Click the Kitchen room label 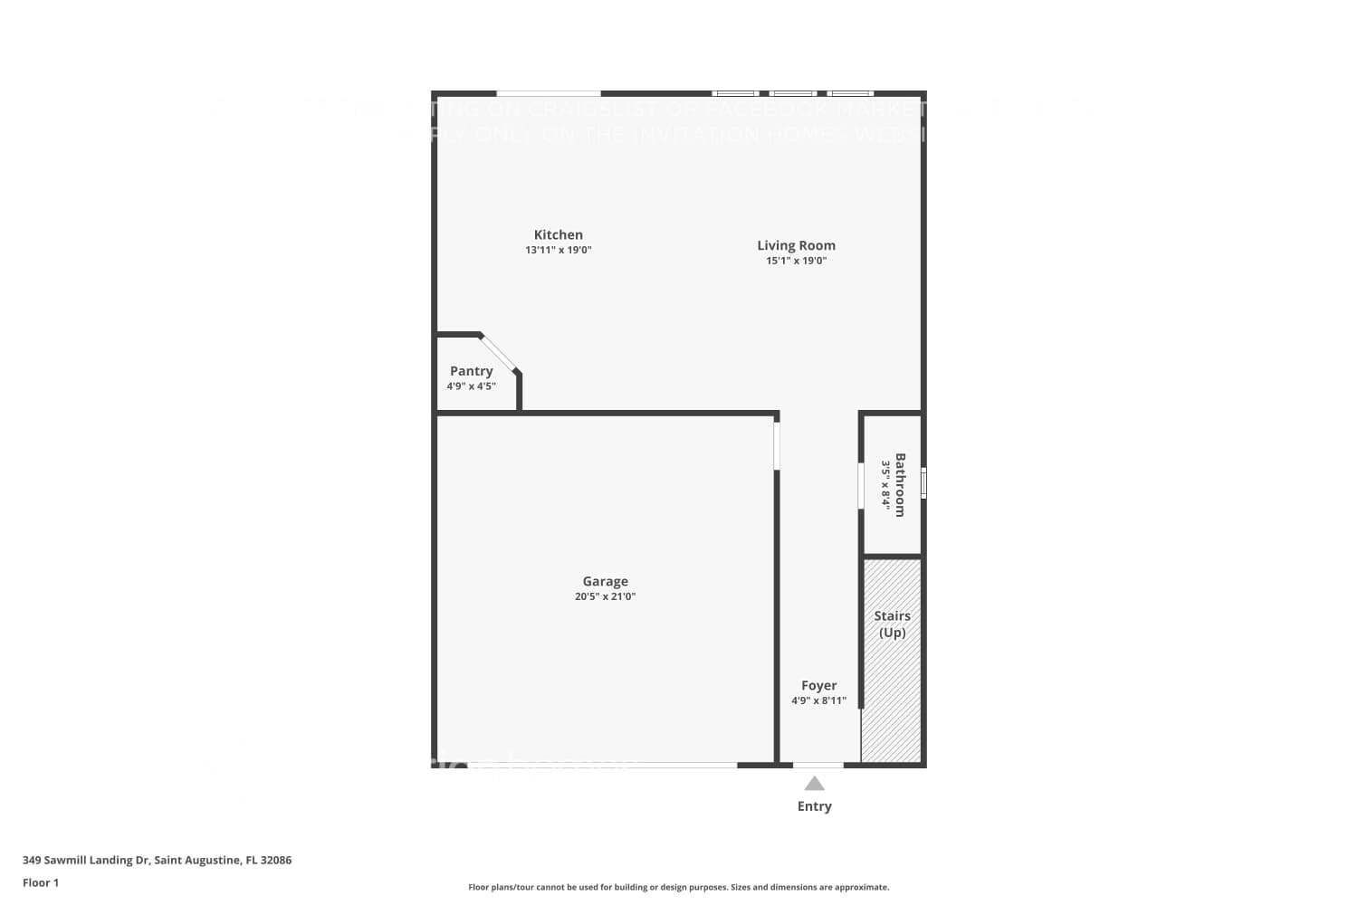[558, 234]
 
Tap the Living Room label [796, 245]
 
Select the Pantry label [471, 371]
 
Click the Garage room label [605, 581]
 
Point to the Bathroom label [900, 484]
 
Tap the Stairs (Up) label [892, 624]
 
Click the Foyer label [818, 685]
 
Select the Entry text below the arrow [814, 806]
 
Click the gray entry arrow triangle [814, 784]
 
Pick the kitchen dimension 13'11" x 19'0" [558, 250]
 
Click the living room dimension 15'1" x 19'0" [796, 261]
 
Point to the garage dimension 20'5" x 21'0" [605, 596]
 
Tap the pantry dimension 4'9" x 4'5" [471, 386]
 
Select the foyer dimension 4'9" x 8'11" [818, 700]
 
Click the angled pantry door [498, 353]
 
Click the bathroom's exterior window [923, 482]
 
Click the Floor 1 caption [41, 882]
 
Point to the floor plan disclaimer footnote [678, 888]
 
